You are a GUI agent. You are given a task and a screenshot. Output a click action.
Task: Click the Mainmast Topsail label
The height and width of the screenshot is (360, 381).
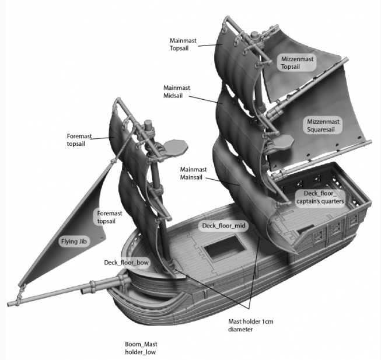[x=183, y=44]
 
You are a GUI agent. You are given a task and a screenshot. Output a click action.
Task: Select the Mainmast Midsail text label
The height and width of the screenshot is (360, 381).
[x=177, y=92]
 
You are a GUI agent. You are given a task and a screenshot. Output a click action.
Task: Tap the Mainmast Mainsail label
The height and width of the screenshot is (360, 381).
[x=193, y=173]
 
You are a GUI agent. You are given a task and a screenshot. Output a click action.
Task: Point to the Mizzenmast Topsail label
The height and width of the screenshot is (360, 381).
[x=297, y=62]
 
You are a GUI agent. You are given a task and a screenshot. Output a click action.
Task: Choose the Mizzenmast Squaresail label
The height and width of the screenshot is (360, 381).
[x=323, y=125]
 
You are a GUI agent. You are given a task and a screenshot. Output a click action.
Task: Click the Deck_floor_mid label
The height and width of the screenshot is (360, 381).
[x=224, y=226]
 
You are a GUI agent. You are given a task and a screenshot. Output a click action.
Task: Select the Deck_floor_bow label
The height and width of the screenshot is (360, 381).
[x=126, y=263]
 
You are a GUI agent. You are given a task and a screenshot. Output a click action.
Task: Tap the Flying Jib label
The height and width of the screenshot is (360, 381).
[x=74, y=242]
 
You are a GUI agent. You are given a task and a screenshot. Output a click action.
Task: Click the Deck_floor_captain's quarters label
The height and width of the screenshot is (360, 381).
[x=320, y=197]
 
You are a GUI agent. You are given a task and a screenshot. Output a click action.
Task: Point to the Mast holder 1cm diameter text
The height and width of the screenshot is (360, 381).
[x=250, y=325]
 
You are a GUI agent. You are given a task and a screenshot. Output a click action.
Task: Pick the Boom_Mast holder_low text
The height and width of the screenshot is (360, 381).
[x=141, y=348]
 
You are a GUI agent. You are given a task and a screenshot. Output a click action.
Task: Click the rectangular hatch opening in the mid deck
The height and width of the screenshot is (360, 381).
[x=225, y=248]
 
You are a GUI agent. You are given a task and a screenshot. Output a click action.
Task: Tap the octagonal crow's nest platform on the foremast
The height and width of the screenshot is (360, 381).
[x=175, y=146]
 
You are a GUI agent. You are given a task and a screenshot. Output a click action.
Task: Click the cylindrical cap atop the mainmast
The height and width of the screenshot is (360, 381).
[x=254, y=36]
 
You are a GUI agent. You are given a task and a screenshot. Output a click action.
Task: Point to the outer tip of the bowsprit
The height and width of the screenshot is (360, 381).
[x=9, y=304]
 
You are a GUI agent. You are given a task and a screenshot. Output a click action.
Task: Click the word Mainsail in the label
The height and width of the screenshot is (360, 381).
[x=191, y=177]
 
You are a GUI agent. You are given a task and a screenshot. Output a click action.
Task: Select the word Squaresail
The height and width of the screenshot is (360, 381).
[x=321, y=130]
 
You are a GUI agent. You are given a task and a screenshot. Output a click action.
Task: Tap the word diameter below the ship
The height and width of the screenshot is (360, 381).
[x=240, y=330]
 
